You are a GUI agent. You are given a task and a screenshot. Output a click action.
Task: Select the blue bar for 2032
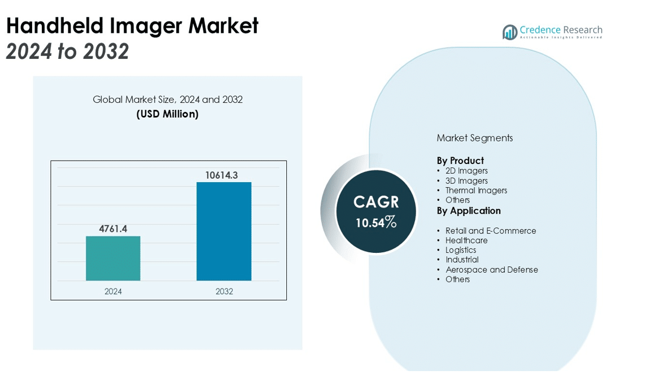click(224, 231)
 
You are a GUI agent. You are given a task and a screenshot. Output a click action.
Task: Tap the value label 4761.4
click(113, 229)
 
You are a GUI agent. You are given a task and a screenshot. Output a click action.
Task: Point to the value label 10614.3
click(221, 175)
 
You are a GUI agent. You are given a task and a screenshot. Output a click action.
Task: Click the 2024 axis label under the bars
click(113, 291)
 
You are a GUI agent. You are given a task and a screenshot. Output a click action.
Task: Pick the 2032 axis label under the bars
click(224, 291)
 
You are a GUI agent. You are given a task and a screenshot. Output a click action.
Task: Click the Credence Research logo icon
click(510, 32)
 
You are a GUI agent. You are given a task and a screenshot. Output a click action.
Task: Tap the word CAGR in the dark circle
click(376, 202)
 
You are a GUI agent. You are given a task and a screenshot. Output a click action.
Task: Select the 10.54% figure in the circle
click(376, 222)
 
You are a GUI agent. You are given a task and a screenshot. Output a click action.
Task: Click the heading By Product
click(460, 161)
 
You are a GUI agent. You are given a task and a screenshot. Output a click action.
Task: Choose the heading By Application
click(469, 210)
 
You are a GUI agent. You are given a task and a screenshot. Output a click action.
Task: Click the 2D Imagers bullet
click(466, 171)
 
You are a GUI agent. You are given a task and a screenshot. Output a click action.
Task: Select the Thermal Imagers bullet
click(476, 191)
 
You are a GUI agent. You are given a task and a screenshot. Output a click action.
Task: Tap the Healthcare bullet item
click(466, 240)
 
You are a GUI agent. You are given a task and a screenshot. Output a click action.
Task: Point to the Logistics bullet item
click(461, 250)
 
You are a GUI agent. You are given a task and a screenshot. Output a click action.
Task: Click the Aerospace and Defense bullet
click(491, 270)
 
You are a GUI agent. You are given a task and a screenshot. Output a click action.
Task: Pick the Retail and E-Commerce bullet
click(491, 231)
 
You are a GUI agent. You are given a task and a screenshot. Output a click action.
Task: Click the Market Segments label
click(475, 138)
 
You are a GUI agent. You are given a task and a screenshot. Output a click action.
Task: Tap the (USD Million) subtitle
click(168, 114)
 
